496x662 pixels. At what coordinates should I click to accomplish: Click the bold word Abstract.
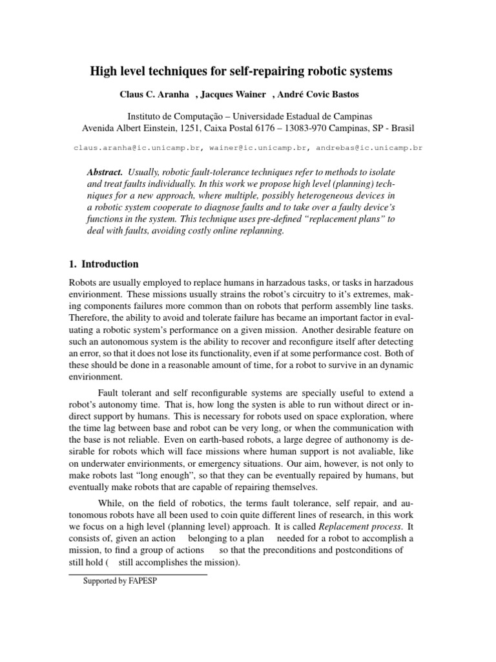pyautogui.click(x=104, y=173)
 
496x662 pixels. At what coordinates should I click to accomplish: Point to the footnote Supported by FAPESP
pyautogui.click(x=121, y=581)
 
